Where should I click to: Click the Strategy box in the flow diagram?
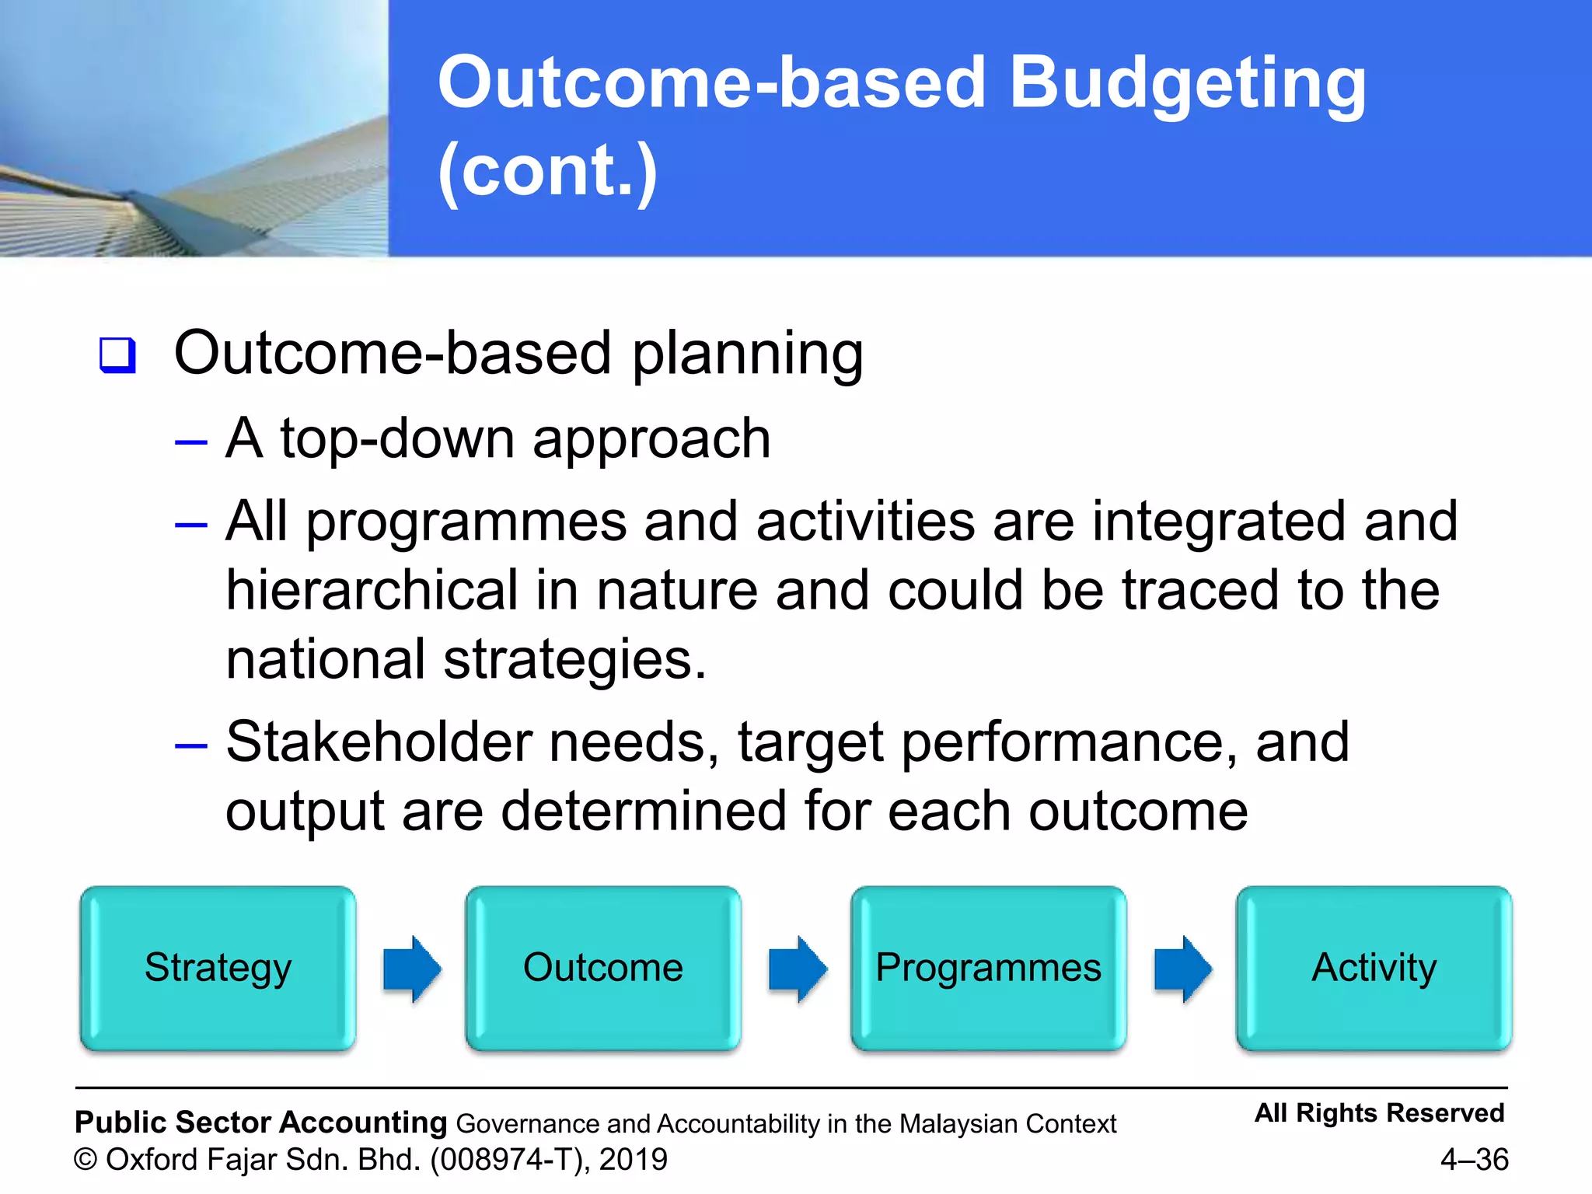(x=218, y=968)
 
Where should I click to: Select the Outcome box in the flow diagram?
(x=603, y=968)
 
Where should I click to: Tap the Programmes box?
(x=988, y=968)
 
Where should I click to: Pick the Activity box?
(x=1374, y=968)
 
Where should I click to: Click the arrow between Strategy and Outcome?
(x=412, y=969)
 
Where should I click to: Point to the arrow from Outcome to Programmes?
(x=798, y=969)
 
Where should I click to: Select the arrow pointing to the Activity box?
(x=1183, y=969)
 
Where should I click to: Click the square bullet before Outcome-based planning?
(x=117, y=355)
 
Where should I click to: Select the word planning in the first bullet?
(x=747, y=354)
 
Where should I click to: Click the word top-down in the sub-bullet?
(x=397, y=439)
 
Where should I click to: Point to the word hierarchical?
(x=372, y=590)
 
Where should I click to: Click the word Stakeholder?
(x=379, y=742)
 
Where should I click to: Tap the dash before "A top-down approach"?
(x=191, y=442)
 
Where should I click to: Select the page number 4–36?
(x=1474, y=1159)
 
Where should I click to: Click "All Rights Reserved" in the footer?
(x=1379, y=1112)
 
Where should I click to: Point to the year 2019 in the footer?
(x=633, y=1159)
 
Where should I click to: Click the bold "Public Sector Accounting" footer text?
(x=260, y=1122)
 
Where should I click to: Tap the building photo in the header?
(x=194, y=128)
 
